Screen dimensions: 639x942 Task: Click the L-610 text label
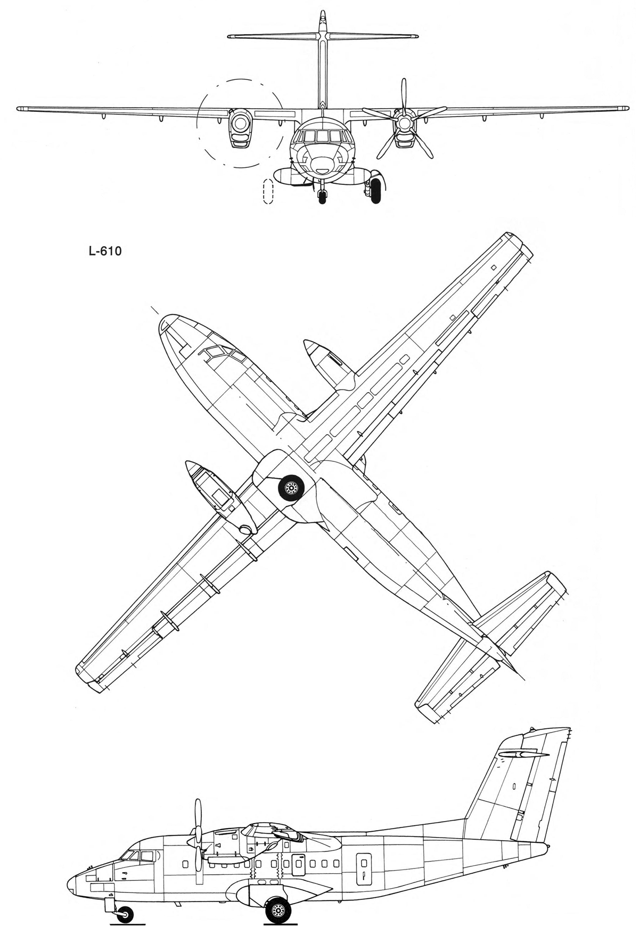[105, 251]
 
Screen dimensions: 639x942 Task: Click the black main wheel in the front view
[376, 191]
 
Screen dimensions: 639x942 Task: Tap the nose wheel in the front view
[322, 197]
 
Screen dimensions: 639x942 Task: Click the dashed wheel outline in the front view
[268, 191]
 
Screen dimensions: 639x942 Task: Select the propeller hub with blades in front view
[404, 123]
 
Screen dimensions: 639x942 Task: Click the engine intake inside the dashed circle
[241, 124]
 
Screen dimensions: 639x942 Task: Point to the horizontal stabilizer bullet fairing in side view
[522, 754]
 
